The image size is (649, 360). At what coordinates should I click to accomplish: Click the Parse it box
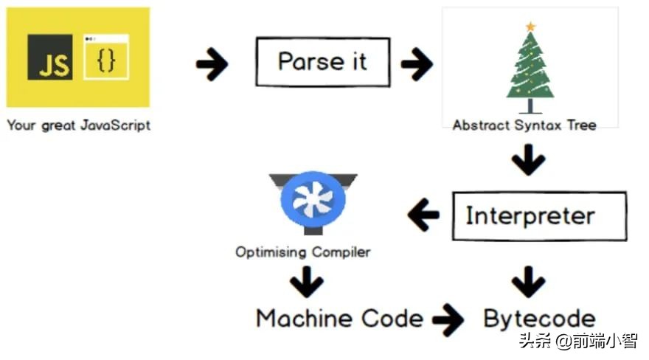322,62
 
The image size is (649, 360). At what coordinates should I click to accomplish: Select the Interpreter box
530,216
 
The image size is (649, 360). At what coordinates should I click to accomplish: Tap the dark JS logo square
50,57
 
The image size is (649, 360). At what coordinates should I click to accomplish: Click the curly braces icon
106,58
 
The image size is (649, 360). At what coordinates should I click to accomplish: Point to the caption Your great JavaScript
78,125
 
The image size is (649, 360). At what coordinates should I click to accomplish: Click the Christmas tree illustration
530,70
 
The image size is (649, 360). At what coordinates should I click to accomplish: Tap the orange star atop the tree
530,27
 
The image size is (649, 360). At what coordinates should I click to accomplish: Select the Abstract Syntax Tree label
524,125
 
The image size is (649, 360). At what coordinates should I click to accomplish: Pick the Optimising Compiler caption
302,252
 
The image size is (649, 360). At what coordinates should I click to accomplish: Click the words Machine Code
339,319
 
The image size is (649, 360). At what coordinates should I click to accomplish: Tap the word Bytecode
539,319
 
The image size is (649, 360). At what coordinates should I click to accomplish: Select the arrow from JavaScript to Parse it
212,65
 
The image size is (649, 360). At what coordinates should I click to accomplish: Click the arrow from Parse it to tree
417,65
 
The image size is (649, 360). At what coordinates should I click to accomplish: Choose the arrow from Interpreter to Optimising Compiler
423,216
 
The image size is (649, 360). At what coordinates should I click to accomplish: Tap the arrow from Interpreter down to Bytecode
528,283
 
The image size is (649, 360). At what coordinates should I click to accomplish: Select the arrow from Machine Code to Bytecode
448,319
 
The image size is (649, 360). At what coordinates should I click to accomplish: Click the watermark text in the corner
577,341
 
